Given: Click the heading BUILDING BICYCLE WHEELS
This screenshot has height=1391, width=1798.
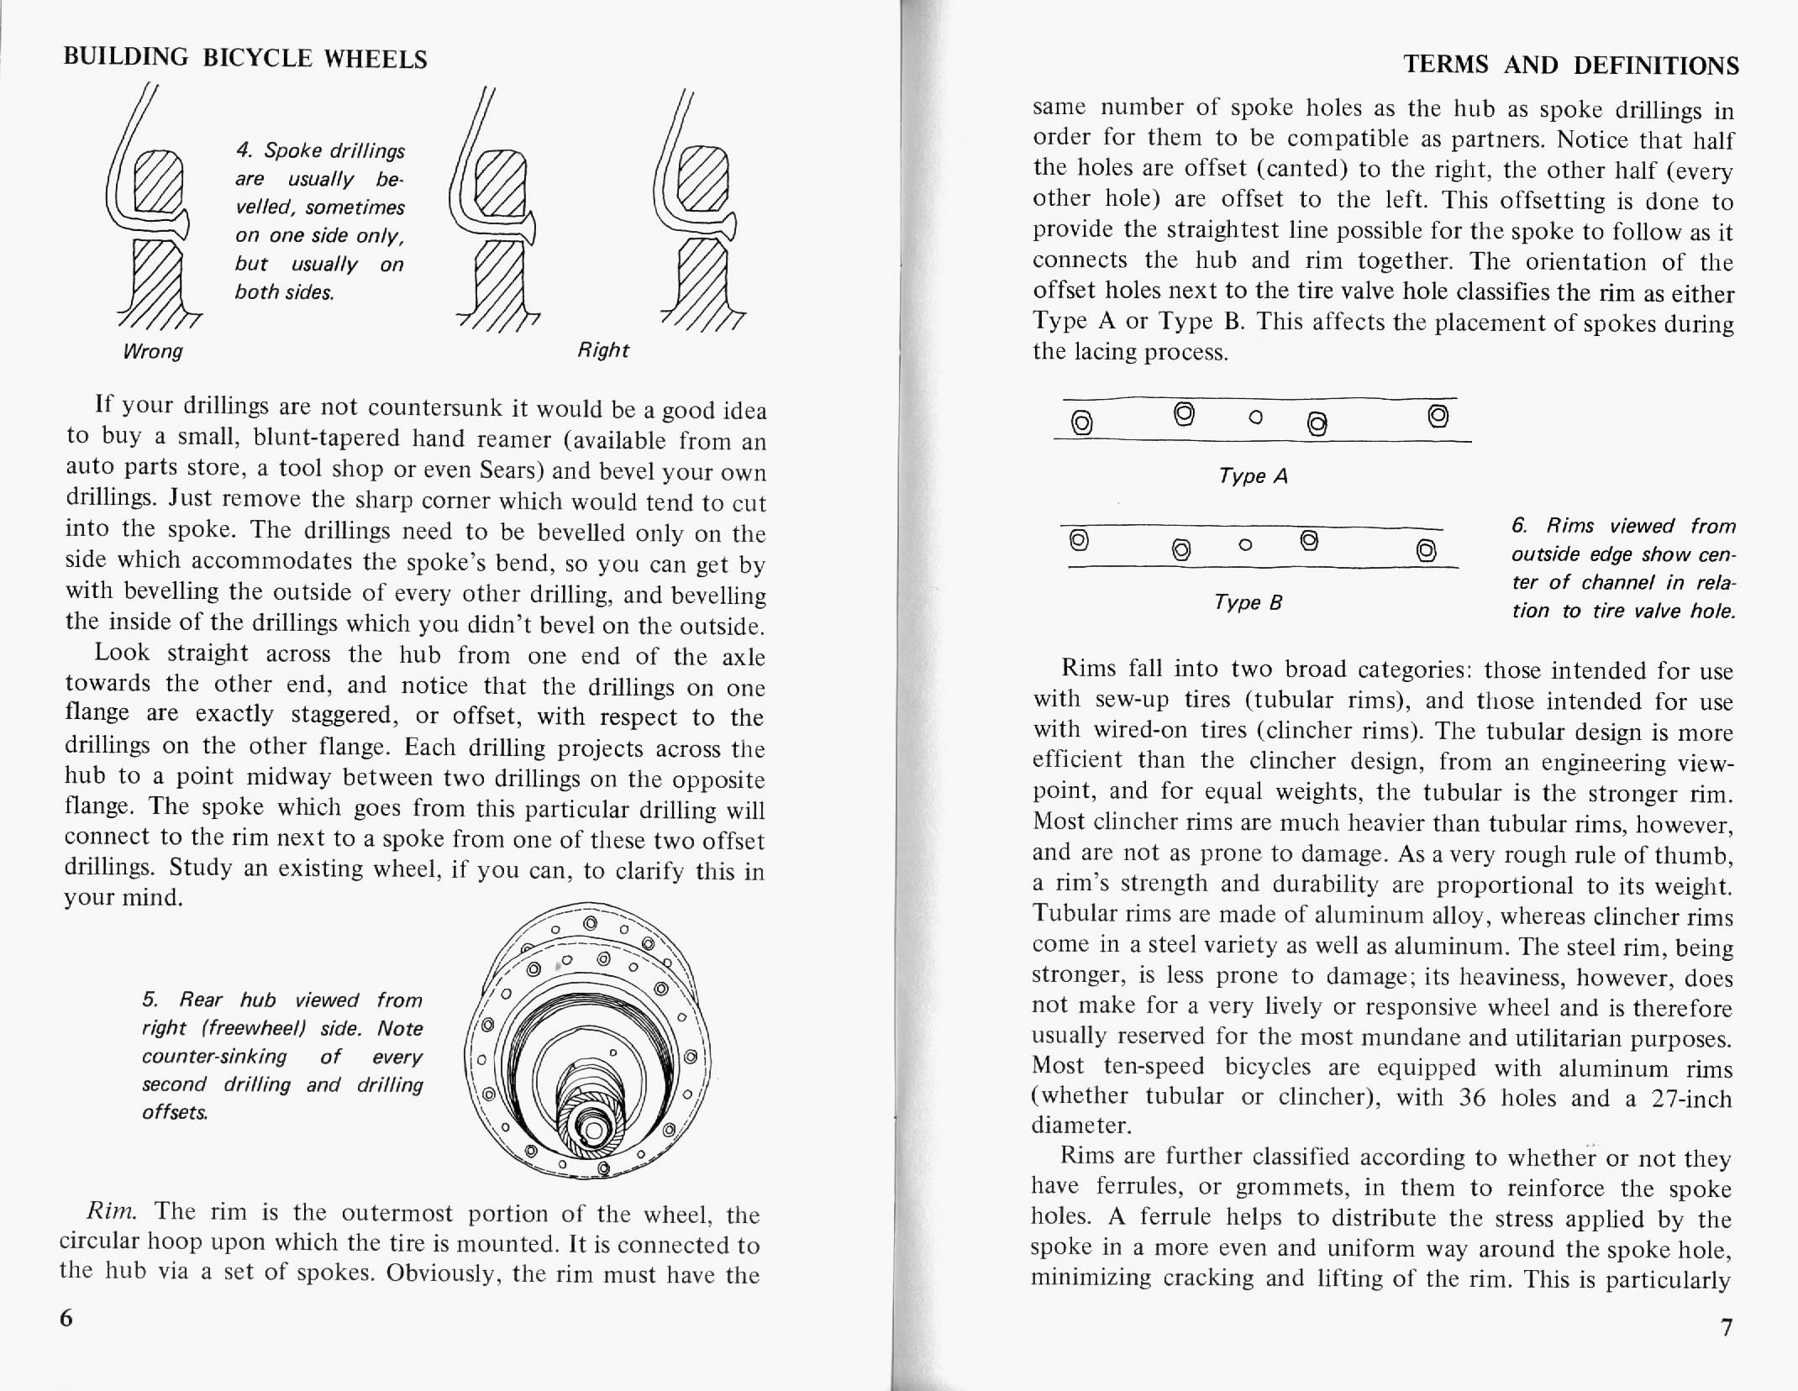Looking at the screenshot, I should (x=245, y=59).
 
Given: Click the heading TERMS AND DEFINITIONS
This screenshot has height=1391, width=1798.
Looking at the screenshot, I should (x=1571, y=65).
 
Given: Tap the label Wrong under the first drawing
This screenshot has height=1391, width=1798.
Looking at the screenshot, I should (x=152, y=350).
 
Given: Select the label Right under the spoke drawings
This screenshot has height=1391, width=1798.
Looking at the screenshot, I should (x=602, y=349).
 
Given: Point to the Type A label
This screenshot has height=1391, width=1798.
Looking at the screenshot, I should (x=1253, y=476).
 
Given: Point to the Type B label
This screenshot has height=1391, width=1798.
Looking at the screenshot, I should (x=1248, y=602).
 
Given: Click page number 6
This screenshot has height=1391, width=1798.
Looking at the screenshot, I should (x=66, y=1318).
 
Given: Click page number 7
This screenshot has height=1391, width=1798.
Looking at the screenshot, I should (x=1726, y=1328).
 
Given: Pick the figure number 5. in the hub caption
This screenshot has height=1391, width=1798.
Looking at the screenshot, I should (x=150, y=1000).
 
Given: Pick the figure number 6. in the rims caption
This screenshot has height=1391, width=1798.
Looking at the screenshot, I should (x=1518, y=526).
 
